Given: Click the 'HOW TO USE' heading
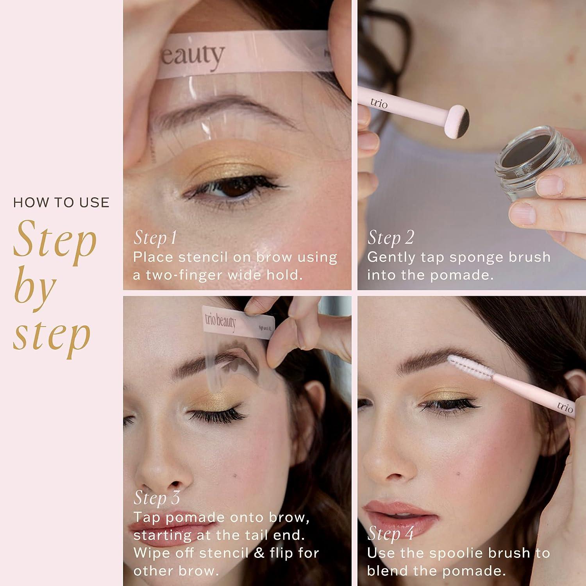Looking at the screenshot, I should coord(61,202).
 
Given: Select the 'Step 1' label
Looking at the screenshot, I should coord(155,238).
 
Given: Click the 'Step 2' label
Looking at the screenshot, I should coord(390,238).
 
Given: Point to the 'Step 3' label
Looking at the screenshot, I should coord(157,497).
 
